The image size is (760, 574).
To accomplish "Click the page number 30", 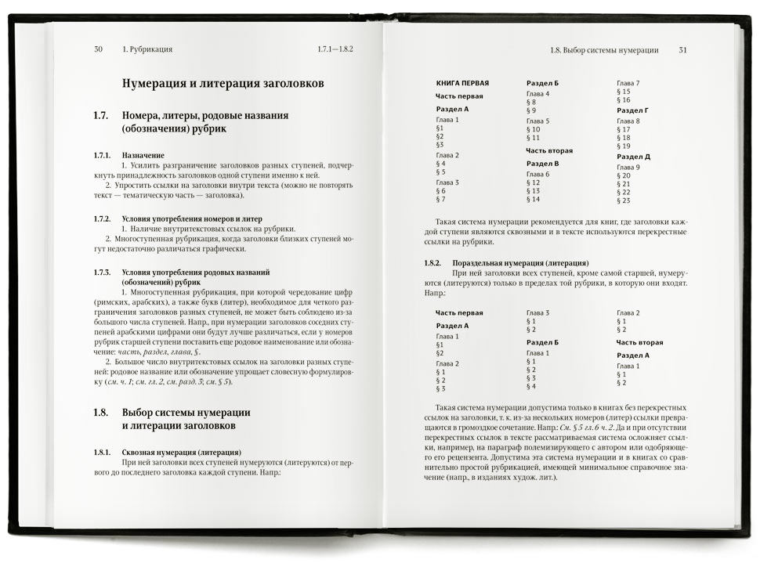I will point(98,49).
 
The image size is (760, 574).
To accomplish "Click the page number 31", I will point(682,50).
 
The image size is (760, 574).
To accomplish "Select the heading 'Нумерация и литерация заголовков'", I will point(223,83).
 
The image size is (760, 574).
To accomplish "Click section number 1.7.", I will point(100,115).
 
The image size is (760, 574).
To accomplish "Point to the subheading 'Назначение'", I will point(143,156).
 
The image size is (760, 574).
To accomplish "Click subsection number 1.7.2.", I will point(103,218).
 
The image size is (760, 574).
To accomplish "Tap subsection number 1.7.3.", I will point(103,272).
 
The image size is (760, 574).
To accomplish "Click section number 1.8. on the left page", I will point(100,412).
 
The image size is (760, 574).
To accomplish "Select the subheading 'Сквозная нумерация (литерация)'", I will point(181,453).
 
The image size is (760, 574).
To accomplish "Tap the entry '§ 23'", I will point(624,201).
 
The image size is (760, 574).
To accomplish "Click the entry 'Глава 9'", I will point(628,168).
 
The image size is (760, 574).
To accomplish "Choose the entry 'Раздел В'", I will point(542,163).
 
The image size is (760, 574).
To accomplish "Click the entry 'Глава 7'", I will point(628,82).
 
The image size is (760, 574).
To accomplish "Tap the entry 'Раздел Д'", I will point(633,157).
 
